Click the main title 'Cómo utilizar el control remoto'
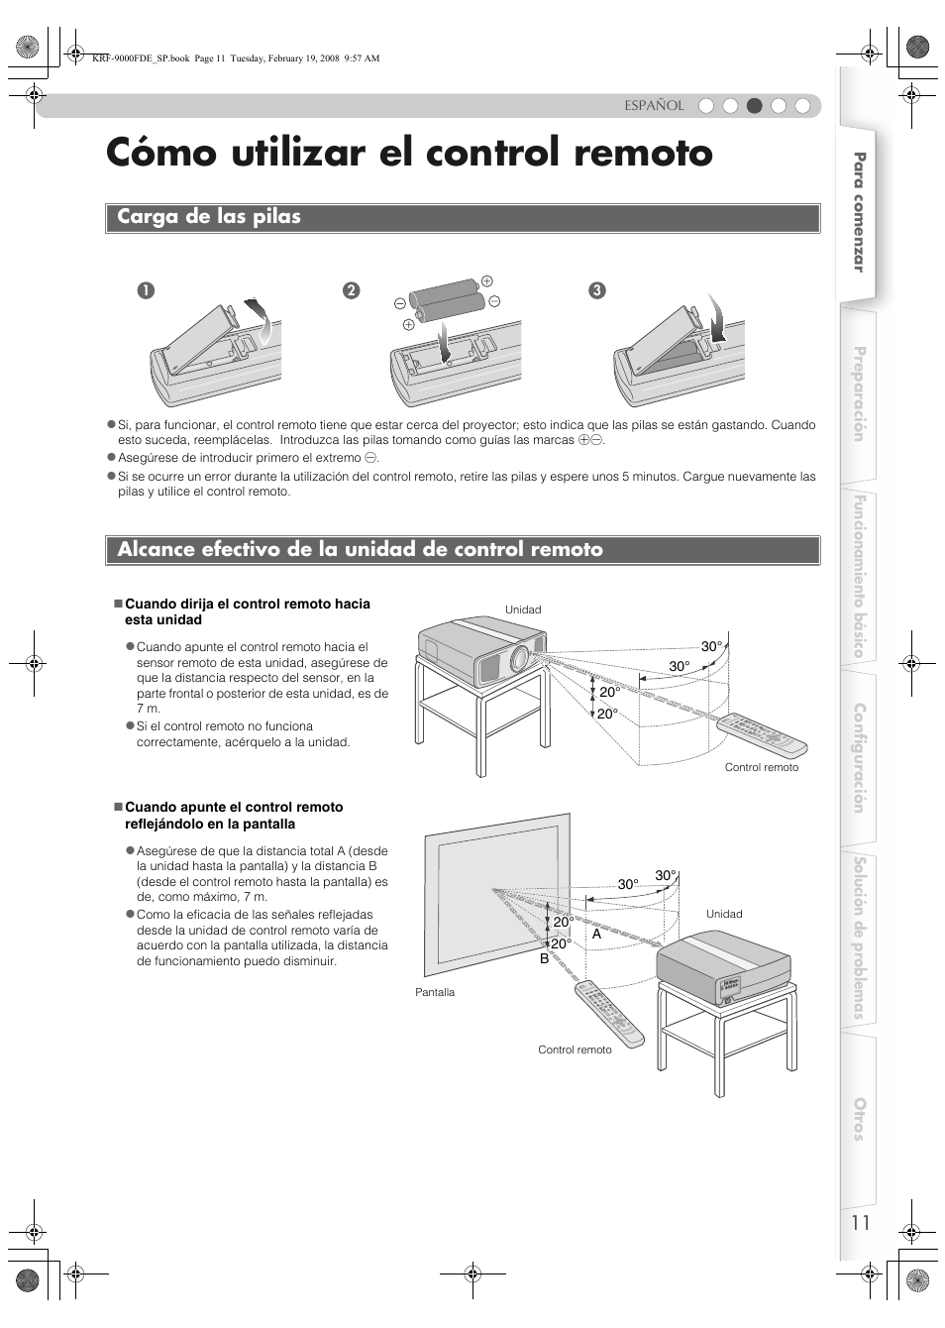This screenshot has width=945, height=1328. (x=409, y=154)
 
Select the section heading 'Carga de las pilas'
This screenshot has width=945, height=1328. (x=209, y=217)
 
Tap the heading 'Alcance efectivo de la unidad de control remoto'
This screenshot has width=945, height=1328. (x=360, y=550)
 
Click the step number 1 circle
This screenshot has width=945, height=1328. (x=147, y=290)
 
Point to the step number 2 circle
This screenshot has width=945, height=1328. (x=351, y=290)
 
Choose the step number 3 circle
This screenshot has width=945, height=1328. (x=596, y=290)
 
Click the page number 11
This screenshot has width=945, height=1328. (x=859, y=1222)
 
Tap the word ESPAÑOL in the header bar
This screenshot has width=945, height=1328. (x=654, y=106)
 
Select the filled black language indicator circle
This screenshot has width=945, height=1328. (x=754, y=106)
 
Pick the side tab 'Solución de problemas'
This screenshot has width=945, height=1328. (x=859, y=937)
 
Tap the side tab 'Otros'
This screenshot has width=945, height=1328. (x=859, y=1119)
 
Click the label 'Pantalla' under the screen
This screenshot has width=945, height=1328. (x=435, y=992)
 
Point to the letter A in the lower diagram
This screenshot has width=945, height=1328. (x=597, y=934)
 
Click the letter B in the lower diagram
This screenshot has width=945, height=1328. (x=544, y=958)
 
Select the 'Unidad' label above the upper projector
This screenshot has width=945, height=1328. (x=523, y=610)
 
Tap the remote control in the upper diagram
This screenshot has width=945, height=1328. (x=762, y=736)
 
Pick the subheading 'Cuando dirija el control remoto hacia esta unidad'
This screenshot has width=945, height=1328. (x=247, y=611)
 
